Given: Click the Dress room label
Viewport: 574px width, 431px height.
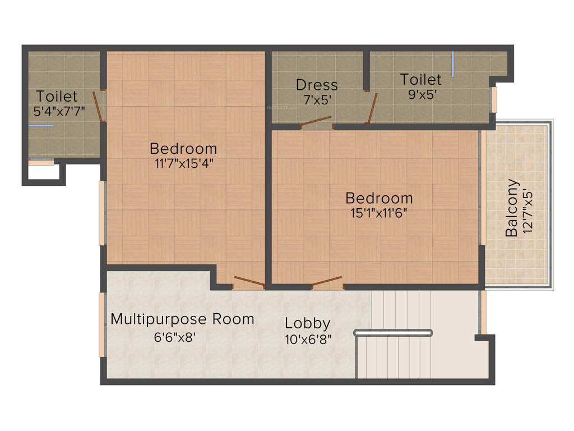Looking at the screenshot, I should (317, 85).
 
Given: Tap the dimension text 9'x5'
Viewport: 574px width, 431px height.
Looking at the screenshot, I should (420, 94).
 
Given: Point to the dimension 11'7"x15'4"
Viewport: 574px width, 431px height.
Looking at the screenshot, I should (183, 163).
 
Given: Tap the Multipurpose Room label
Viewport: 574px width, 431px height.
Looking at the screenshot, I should (182, 319).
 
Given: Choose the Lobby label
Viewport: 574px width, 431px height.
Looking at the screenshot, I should (307, 324).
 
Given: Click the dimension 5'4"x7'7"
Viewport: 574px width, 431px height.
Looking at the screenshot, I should (59, 111).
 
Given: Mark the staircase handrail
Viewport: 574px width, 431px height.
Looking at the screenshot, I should (393, 333).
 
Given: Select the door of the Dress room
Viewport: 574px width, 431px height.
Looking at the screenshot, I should (316, 122).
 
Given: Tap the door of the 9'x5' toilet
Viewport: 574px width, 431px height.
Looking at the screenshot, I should (372, 108).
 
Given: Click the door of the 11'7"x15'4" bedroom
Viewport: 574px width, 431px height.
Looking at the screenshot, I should (248, 281).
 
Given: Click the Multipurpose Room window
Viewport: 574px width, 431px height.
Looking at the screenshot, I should (102, 324).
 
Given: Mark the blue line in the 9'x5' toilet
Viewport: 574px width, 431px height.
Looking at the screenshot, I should (453, 60).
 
